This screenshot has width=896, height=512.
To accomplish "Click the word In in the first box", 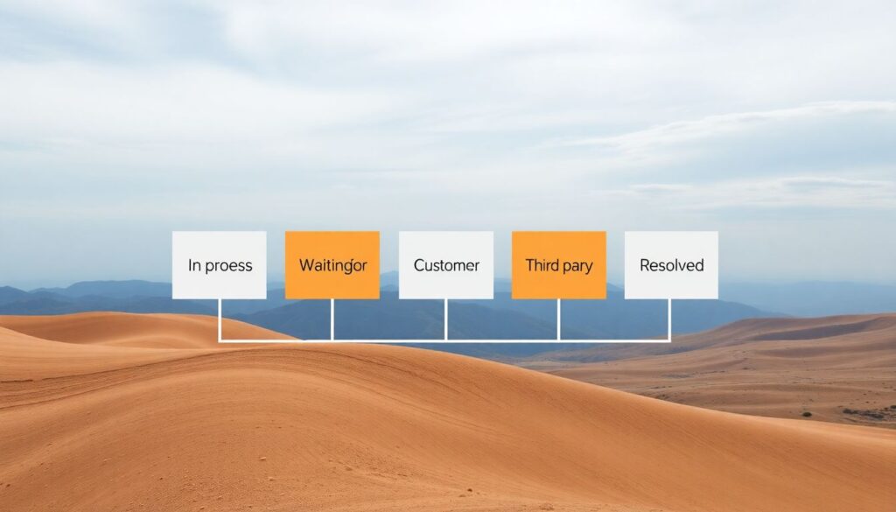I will [x=193, y=265].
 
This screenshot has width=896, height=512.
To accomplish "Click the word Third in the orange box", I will [x=542, y=265].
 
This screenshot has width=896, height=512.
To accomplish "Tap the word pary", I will [x=577, y=266].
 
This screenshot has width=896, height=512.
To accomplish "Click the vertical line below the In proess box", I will [x=219, y=319].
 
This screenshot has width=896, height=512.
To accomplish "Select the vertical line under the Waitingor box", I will [x=332, y=319].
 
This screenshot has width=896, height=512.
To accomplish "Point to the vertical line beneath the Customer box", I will [x=446, y=319].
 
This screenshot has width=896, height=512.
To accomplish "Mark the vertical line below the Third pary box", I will [x=558, y=319].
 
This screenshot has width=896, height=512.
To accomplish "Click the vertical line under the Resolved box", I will [x=670, y=319].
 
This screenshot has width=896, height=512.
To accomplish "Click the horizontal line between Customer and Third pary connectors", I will [x=502, y=340].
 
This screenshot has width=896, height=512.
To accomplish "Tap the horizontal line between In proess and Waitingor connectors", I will [x=276, y=340].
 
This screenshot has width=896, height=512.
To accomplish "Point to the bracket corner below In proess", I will [x=219, y=340].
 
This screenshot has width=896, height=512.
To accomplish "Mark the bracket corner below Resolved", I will [x=670, y=340].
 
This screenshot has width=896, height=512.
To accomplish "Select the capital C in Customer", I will [x=419, y=265].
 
